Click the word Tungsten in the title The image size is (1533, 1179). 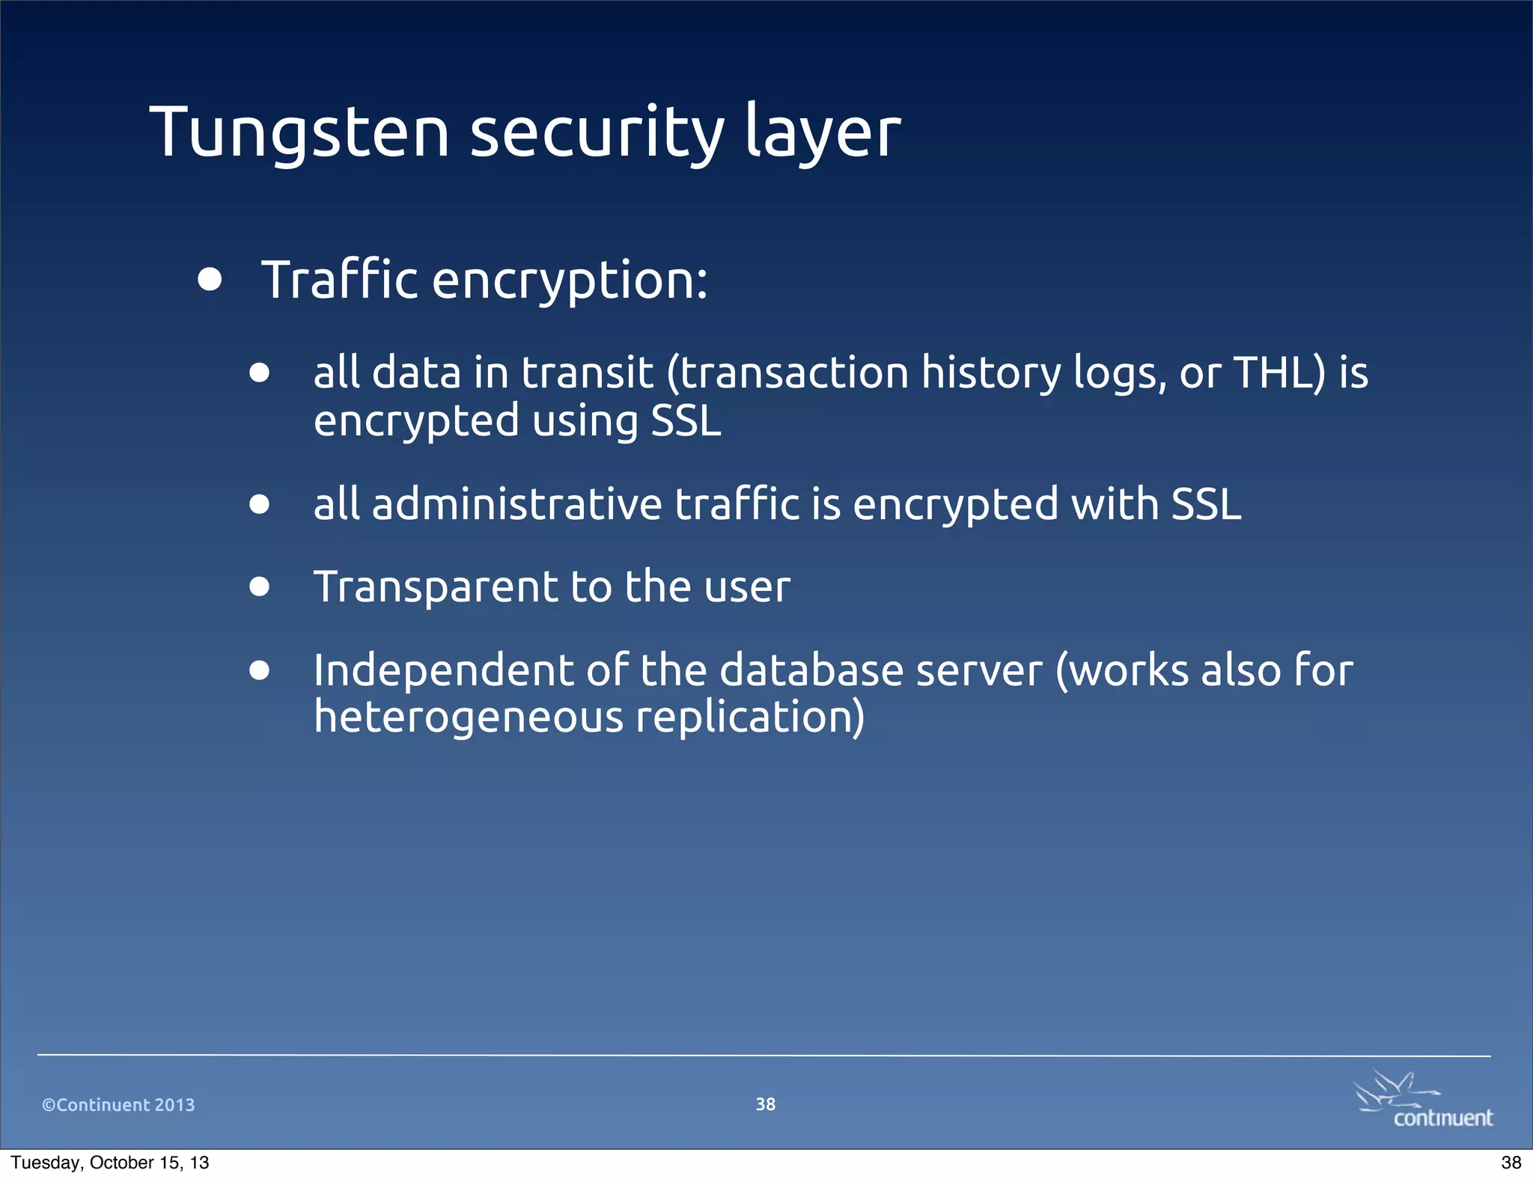point(299,132)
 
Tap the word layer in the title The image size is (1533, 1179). point(823,132)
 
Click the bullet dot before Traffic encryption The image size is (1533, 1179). point(210,280)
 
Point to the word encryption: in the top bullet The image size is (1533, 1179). point(570,280)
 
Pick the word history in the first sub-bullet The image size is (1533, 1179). point(990,372)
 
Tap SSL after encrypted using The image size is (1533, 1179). point(686,420)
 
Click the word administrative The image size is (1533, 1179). point(517,503)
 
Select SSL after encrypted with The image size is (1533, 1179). point(1206,503)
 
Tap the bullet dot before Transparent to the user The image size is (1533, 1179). point(260,587)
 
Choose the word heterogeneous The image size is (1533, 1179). point(469,717)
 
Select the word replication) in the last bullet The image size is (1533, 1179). point(750,717)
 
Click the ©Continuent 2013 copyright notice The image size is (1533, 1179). point(118,1105)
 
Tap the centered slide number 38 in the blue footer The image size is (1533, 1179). point(765,1104)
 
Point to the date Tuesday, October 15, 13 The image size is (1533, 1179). point(110,1163)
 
